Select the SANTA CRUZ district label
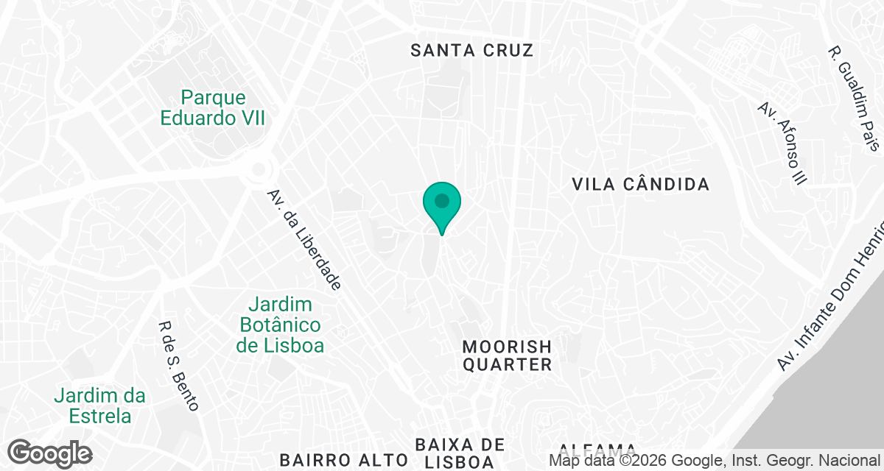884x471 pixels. (471, 50)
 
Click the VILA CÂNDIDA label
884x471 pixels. (641, 184)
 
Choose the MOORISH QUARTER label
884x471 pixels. (507, 355)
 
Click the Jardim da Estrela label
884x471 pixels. (100, 406)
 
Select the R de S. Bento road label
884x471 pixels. (178, 366)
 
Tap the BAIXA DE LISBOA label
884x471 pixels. (460, 453)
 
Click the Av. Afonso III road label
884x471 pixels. (782, 143)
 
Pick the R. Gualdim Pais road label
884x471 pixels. (855, 99)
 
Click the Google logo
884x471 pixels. (50, 453)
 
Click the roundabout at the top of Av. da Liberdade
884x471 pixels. (259, 170)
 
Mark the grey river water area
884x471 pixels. (832, 412)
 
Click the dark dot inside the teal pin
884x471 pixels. (442, 200)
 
